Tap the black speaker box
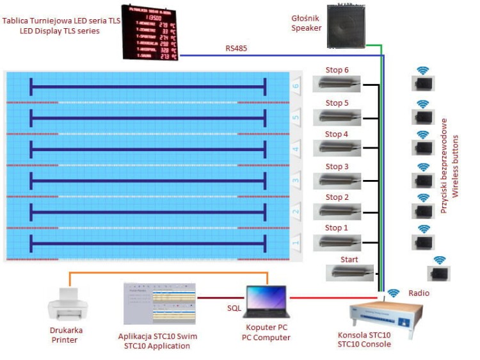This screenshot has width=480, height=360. pyautogui.click(x=346, y=26)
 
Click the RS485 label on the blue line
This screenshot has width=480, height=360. pyautogui.click(x=236, y=48)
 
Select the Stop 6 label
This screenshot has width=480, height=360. pyautogui.click(x=337, y=70)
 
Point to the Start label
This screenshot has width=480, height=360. pyautogui.click(x=349, y=259)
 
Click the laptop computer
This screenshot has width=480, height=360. pyautogui.click(x=268, y=301)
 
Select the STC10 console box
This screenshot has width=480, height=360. pyautogui.click(x=381, y=314)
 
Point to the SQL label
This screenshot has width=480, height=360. pyautogui.click(x=235, y=308)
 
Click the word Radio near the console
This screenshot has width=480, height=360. pyautogui.click(x=419, y=293)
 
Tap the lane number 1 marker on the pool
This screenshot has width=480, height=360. pyautogui.click(x=296, y=243)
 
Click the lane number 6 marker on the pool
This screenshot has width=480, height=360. pyautogui.click(x=296, y=85)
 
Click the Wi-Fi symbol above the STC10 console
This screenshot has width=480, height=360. pyautogui.click(x=394, y=293)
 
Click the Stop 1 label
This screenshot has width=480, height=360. pyautogui.click(x=337, y=228)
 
